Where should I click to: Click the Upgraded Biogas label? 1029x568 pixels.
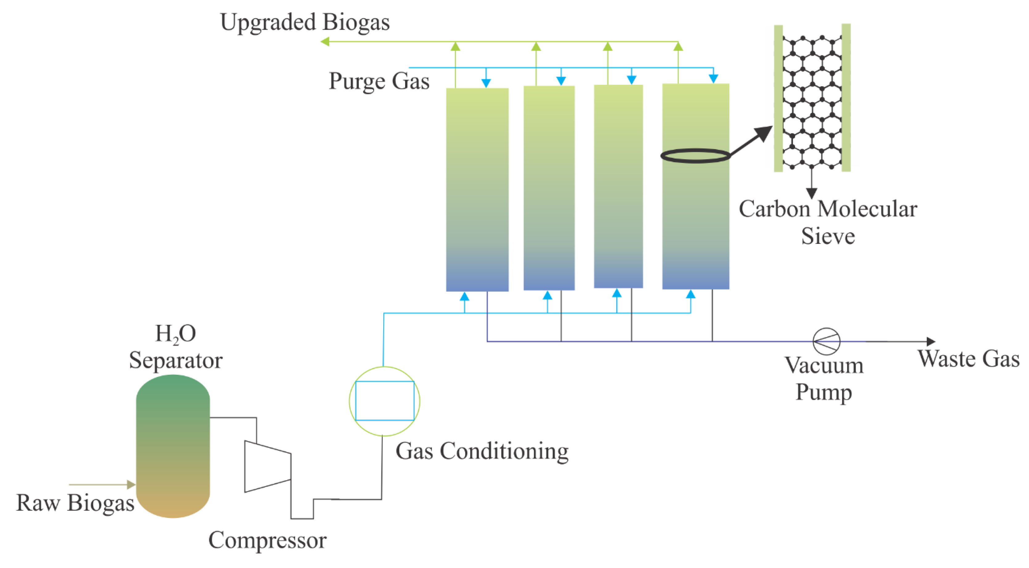304,22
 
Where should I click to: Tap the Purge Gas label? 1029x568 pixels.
379,81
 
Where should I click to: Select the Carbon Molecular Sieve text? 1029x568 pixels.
828,222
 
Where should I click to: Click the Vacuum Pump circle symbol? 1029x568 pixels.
826,341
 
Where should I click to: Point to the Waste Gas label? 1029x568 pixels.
968,359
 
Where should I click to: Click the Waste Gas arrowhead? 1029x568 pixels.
931,341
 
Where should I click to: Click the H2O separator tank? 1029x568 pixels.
173,446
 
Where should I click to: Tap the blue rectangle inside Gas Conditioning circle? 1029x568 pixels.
384,401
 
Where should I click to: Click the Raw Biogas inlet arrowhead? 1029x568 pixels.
131,485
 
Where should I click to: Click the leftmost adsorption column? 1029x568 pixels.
477,190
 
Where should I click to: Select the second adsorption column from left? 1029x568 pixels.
549,188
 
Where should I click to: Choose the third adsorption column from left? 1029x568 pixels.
618,186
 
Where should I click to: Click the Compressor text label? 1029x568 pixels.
267,540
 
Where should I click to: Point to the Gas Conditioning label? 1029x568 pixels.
482,451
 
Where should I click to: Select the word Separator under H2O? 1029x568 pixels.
175,360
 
